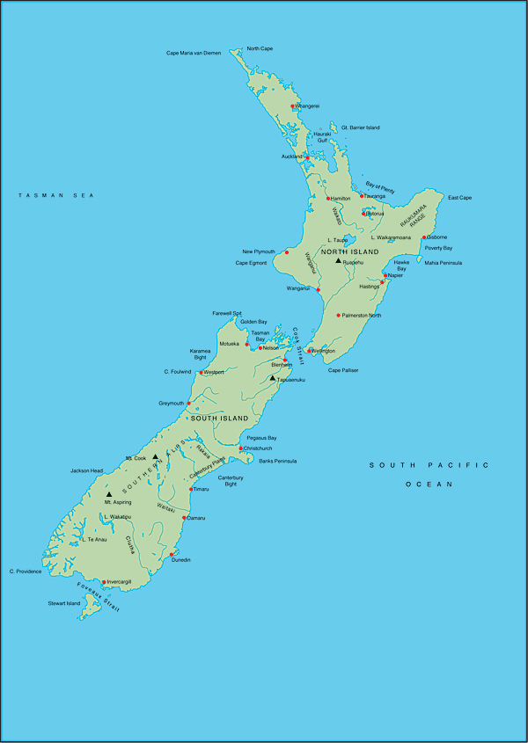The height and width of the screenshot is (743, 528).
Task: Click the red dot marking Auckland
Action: click(x=307, y=158)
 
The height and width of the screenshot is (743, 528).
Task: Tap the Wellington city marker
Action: click(x=310, y=351)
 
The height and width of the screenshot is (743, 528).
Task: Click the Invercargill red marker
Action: click(x=104, y=581)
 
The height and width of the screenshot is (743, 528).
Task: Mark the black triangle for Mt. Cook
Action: click(x=155, y=456)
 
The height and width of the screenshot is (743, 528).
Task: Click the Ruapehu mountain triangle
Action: click(x=338, y=260)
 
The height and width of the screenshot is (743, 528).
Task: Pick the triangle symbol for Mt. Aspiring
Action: click(x=109, y=494)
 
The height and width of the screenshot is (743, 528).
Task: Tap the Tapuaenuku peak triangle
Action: click(x=273, y=378)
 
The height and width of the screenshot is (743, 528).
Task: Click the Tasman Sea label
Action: click(x=56, y=195)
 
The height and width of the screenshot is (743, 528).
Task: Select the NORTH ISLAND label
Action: click(x=349, y=252)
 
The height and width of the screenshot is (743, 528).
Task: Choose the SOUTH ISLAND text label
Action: click(x=220, y=418)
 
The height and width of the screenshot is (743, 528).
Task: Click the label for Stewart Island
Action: click(x=63, y=603)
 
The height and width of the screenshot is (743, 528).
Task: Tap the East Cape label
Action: click(x=459, y=198)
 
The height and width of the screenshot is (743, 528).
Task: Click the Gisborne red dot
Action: click(x=424, y=237)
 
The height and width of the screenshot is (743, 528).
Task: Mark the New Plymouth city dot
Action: click(x=286, y=252)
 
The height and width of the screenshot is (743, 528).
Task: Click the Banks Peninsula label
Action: click(x=277, y=461)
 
